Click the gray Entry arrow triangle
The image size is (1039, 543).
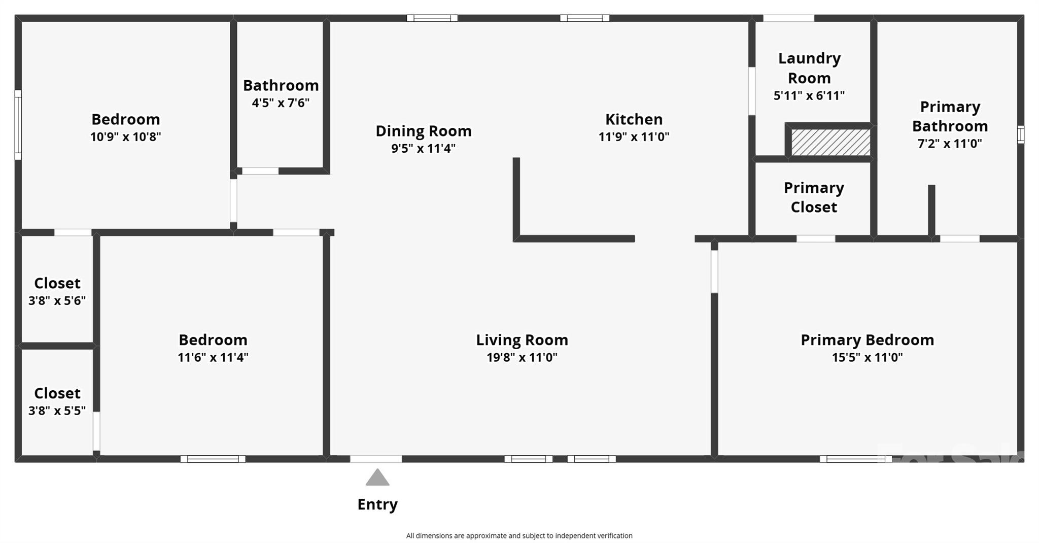point(377,479)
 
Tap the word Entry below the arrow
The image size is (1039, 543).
point(377,504)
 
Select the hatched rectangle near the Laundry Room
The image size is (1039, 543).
point(830,143)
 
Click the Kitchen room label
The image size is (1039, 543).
point(634,119)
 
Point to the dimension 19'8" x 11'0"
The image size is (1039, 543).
point(522,357)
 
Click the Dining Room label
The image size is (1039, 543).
point(423,131)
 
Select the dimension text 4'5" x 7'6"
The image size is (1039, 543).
point(281,103)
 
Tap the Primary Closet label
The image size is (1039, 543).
point(814,197)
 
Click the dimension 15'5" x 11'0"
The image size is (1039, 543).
point(867,357)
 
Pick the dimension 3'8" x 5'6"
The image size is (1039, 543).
point(57,301)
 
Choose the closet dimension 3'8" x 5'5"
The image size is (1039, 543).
point(57,411)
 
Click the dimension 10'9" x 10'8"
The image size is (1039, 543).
point(125,137)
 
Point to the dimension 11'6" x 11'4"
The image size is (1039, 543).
point(213,357)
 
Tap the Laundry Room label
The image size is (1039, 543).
point(809,68)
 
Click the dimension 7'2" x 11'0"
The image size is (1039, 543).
point(950,144)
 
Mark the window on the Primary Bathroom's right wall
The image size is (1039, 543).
point(1020,135)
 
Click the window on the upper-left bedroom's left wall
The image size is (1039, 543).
point(18,125)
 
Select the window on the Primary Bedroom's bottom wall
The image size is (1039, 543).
point(855,459)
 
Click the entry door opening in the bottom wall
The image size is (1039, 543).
point(376,459)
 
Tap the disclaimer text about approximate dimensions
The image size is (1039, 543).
point(519,535)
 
